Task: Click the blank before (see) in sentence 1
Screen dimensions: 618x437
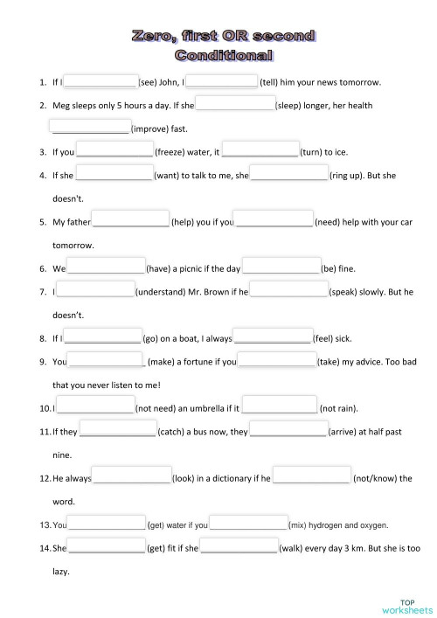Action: click(101, 82)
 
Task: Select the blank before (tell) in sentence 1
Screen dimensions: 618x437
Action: click(221, 82)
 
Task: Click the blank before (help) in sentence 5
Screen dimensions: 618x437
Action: click(130, 221)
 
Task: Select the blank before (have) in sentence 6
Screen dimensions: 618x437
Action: click(106, 267)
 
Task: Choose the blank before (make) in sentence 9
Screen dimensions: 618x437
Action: click(107, 360)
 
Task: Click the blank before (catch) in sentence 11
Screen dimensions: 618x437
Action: click(117, 430)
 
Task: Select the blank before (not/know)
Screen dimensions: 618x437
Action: click(311, 477)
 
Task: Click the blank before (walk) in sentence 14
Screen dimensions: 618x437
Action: click(239, 548)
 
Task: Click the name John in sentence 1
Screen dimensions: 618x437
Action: click(171, 83)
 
